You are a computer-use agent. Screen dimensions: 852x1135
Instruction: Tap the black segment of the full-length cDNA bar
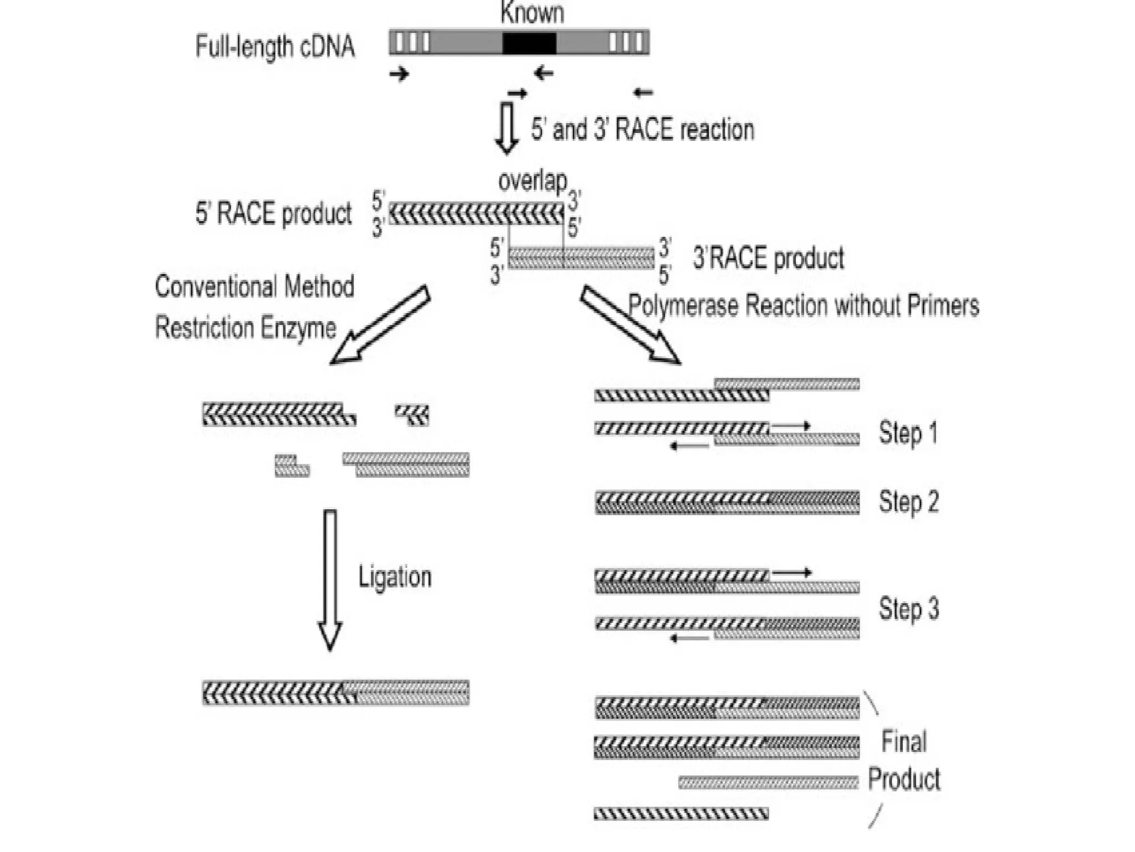pyautogui.click(x=529, y=43)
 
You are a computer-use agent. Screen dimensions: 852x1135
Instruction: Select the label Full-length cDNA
pyautogui.click(x=275, y=47)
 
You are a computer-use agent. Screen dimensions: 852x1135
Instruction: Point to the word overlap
pyautogui.click(x=533, y=181)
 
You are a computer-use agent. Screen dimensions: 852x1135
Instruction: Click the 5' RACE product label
pyautogui.click(x=273, y=214)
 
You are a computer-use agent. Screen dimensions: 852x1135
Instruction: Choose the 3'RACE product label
pyautogui.click(x=769, y=258)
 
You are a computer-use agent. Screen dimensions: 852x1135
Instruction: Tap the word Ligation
pyautogui.click(x=395, y=577)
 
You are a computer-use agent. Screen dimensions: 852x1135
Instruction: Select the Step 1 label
pyautogui.click(x=908, y=433)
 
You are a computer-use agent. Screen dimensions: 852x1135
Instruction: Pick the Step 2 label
pyautogui.click(x=908, y=502)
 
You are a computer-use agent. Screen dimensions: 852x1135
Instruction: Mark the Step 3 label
pyautogui.click(x=908, y=608)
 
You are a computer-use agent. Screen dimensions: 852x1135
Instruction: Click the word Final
pyautogui.click(x=904, y=742)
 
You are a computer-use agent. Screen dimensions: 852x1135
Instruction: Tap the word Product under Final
pyautogui.click(x=904, y=779)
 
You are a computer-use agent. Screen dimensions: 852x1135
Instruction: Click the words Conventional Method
pyautogui.click(x=254, y=287)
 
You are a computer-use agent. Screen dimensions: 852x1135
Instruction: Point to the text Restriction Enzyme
pyautogui.click(x=246, y=328)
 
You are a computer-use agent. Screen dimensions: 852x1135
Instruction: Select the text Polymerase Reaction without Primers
pyautogui.click(x=804, y=306)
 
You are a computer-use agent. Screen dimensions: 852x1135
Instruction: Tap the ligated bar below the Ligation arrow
pyautogui.click(x=336, y=693)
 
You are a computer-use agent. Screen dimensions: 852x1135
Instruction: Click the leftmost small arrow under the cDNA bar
pyautogui.click(x=399, y=73)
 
